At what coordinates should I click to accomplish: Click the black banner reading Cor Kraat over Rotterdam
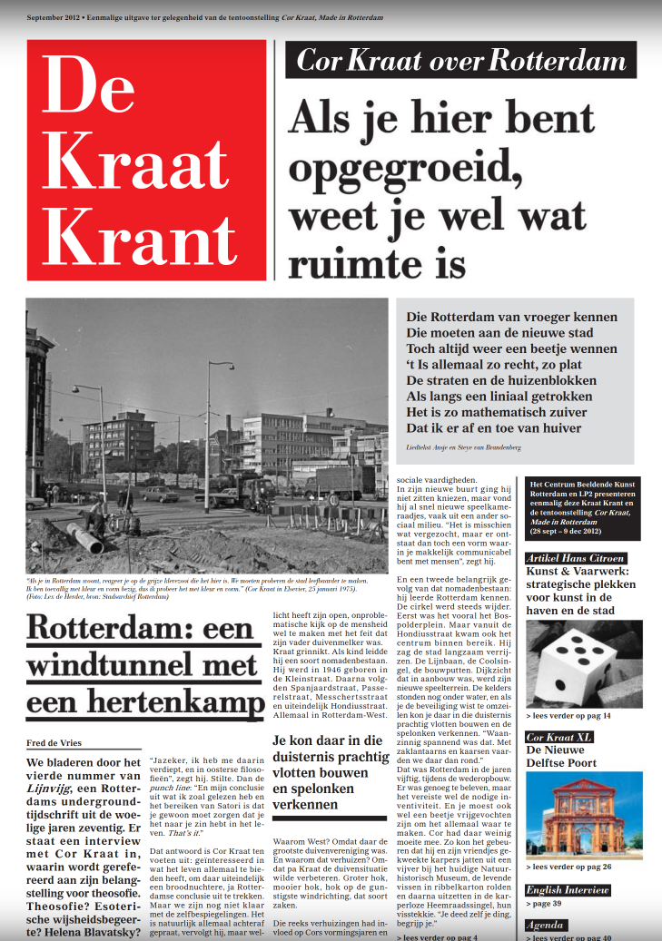(461, 60)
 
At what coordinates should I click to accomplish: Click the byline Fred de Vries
(54, 743)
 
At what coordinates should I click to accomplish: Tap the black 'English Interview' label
(568, 890)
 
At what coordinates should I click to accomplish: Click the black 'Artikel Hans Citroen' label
(575, 557)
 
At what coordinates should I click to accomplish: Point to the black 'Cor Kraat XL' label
(559, 737)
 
